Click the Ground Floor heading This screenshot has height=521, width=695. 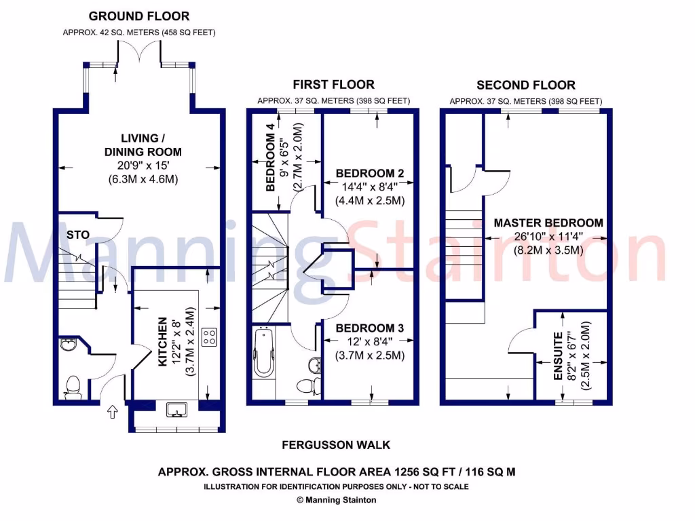click(x=139, y=16)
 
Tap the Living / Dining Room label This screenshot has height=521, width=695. click(x=138, y=144)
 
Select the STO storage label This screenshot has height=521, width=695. click(x=78, y=235)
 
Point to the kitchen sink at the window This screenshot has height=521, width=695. click(x=176, y=409)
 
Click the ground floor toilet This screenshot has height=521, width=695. click(x=72, y=387)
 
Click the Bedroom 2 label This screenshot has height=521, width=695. click(x=370, y=174)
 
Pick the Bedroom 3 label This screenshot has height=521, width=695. click(x=370, y=328)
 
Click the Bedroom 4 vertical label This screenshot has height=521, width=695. click(x=271, y=156)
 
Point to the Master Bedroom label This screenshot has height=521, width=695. click(x=548, y=223)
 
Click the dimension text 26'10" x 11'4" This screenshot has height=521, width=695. click(x=548, y=237)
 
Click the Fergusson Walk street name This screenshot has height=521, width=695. click(x=336, y=445)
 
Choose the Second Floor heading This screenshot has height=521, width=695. click(x=525, y=85)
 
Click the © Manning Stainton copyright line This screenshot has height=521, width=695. click(x=336, y=500)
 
